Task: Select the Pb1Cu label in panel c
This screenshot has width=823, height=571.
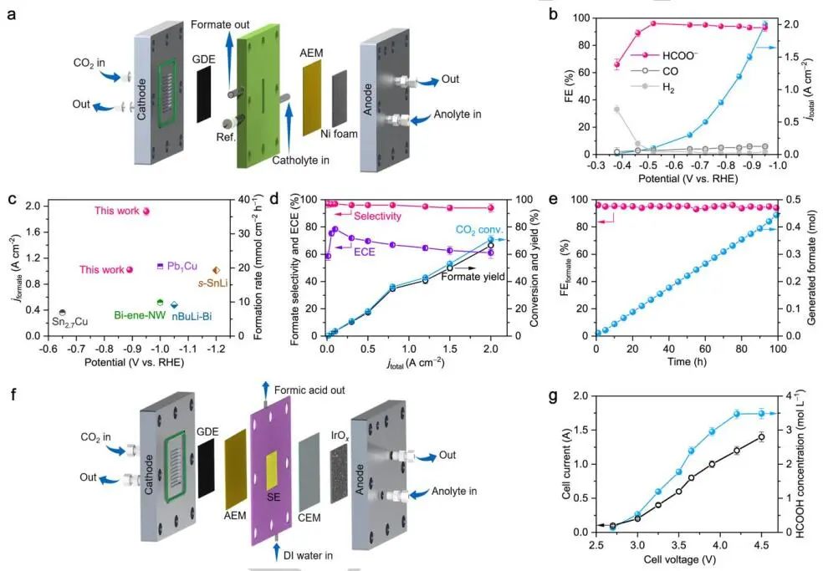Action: [x=182, y=266]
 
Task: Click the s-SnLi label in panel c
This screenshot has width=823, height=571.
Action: [x=213, y=283]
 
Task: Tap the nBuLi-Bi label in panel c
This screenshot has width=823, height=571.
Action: [x=192, y=317]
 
